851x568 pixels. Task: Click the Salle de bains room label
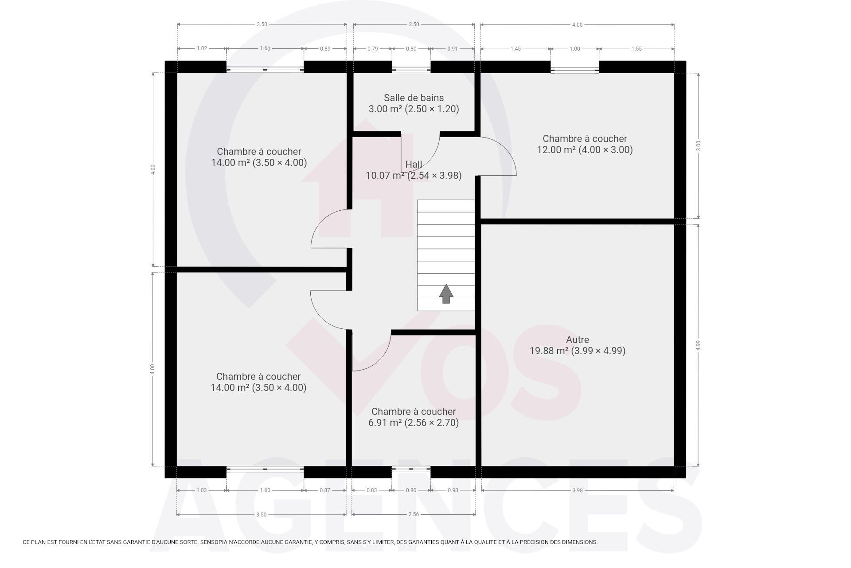point(414,98)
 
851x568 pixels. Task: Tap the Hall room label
point(414,164)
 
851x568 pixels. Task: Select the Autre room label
point(578,339)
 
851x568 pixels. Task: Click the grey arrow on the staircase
point(446,293)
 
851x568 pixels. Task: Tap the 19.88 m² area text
point(549,351)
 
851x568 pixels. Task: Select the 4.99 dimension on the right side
point(698,345)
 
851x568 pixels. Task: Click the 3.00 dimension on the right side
point(698,146)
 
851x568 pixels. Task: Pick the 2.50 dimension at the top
point(414,24)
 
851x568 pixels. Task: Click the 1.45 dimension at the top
point(515,49)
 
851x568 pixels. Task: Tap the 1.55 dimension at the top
point(636,49)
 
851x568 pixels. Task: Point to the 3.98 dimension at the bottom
point(577,490)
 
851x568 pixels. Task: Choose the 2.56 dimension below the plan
point(414,514)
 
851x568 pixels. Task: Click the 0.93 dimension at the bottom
point(453,490)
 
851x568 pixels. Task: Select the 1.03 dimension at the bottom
point(202,490)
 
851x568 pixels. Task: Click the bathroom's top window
point(411,69)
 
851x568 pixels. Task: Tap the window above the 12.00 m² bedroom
point(575,69)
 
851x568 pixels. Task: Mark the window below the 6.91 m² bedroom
point(411,469)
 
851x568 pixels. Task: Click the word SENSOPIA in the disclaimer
point(215,542)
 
